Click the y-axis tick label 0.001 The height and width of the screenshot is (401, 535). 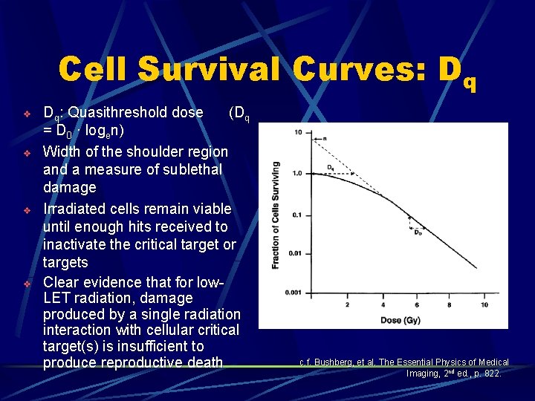[293, 293]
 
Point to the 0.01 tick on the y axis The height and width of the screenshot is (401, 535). [295, 253]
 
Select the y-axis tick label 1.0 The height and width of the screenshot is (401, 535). [296, 173]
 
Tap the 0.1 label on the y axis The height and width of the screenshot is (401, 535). [296, 215]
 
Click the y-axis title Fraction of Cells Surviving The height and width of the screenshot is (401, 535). [276, 215]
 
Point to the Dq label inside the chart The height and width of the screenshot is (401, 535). [331, 168]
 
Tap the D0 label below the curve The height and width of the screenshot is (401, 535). [419, 232]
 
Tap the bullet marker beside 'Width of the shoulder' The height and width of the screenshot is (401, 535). [26, 152]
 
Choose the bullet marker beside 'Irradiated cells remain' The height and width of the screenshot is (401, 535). [26, 209]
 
